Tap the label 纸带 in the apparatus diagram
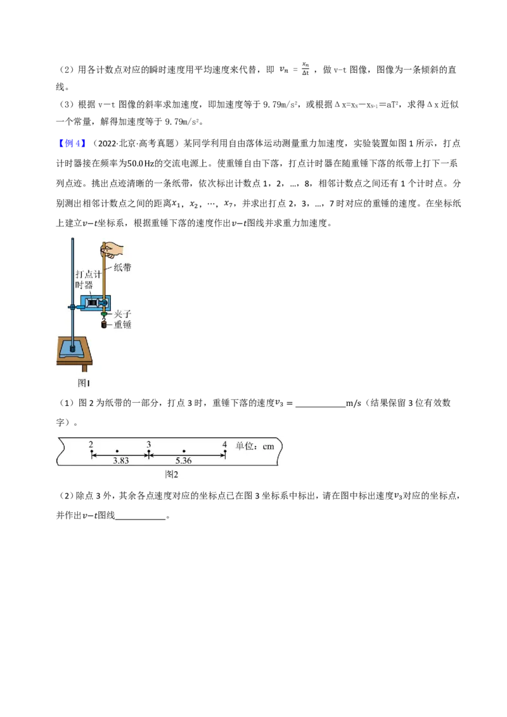pos(122,267)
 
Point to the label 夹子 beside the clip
pos(122,314)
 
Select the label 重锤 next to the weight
pos(122,325)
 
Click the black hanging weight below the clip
pos(104,325)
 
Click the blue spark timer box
pos(95,303)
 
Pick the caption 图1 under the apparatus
pos(83,383)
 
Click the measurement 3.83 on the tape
pos(121,461)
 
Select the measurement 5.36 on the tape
pos(184,461)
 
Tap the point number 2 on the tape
pos(91,445)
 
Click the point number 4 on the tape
pos(225,445)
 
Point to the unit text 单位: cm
pos(255,447)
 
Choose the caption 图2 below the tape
pos(172,474)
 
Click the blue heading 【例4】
pos(72,144)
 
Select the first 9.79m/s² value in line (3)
pos(281,105)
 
